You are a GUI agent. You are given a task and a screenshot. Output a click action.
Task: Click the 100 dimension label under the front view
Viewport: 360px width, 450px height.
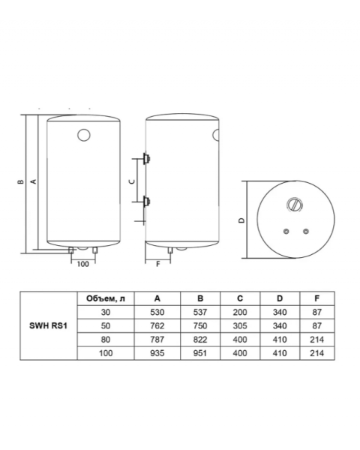tap(83, 264)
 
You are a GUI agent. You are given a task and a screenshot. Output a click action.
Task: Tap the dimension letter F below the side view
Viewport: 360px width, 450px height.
tap(157, 264)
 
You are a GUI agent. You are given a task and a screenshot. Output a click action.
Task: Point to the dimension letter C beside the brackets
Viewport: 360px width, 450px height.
tap(132, 181)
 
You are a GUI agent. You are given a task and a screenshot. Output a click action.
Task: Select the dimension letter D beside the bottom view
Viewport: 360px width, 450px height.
tap(242, 220)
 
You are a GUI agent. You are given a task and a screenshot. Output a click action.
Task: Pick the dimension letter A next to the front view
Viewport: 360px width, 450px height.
tap(34, 181)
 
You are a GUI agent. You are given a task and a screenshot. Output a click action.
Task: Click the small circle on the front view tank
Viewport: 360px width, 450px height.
tap(84, 135)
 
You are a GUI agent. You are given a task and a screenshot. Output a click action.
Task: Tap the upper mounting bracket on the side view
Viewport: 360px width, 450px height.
tap(147, 158)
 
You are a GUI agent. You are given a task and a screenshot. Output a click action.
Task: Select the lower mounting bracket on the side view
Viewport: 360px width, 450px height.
tap(147, 202)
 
